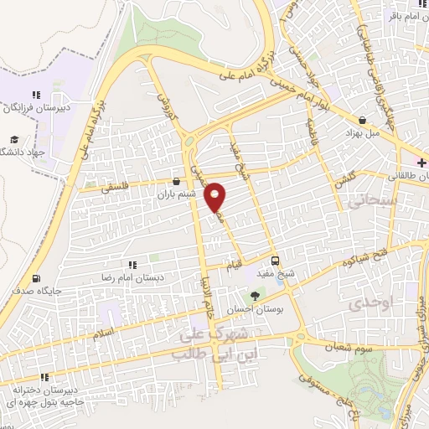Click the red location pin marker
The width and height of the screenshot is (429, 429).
click(216, 197)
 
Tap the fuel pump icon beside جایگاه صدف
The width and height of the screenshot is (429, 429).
click(35, 278)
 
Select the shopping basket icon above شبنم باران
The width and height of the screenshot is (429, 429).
click(176, 180)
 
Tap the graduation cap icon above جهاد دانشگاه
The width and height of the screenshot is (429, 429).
click(13, 140)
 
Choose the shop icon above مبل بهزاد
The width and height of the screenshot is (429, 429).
click(361, 120)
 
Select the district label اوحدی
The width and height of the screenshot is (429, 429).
click(371, 302)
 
